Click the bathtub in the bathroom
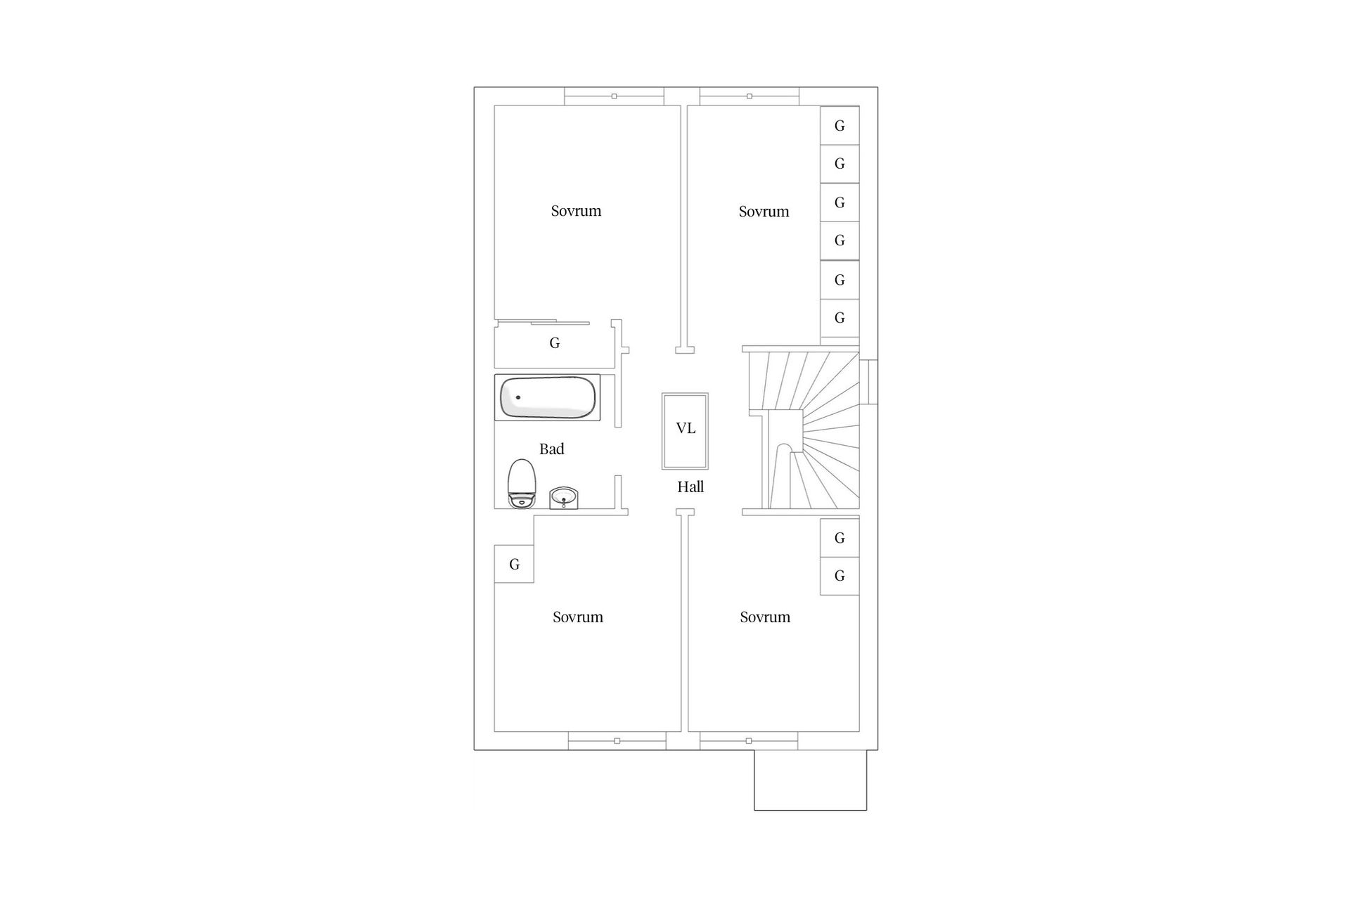(x=548, y=397)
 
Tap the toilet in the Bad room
(x=522, y=484)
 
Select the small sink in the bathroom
(x=563, y=498)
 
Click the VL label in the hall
(x=686, y=428)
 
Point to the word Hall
(x=690, y=487)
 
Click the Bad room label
(x=552, y=449)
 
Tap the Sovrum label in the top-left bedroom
(x=576, y=211)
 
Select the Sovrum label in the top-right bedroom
(x=764, y=212)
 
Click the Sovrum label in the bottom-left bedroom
(x=578, y=617)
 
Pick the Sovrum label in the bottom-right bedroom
(x=765, y=617)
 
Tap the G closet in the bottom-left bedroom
(x=514, y=564)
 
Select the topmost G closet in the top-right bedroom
(x=840, y=126)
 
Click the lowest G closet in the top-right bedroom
(x=840, y=318)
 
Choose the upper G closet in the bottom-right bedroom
(x=840, y=538)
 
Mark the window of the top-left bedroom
(x=614, y=96)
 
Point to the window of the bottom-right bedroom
(x=749, y=741)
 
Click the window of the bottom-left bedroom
(x=617, y=741)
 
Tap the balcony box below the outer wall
(x=810, y=780)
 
